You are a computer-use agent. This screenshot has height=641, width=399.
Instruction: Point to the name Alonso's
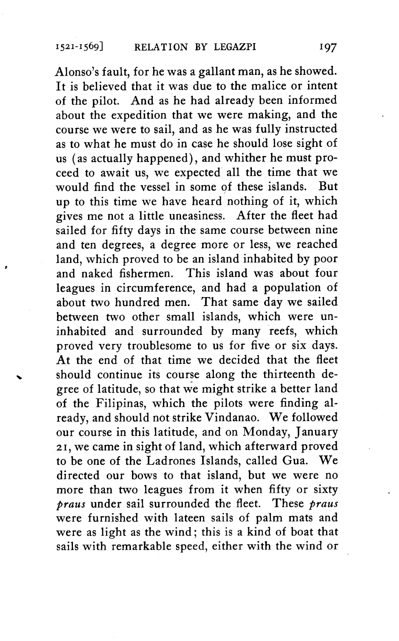tap(77, 72)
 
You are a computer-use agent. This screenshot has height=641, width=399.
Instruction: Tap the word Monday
tap(268, 432)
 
